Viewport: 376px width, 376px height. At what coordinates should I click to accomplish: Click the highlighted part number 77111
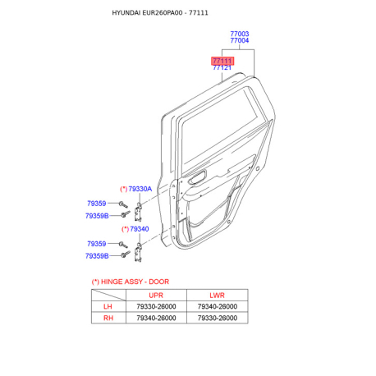(222, 61)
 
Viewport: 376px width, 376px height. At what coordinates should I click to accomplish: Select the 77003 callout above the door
(239, 34)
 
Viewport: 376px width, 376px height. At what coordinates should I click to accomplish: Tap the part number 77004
(239, 42)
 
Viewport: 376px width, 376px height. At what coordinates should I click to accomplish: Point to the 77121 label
(222, 68)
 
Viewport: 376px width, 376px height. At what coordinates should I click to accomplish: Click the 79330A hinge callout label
(139, 189)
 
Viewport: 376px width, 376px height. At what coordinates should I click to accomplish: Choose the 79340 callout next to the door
(138, 229)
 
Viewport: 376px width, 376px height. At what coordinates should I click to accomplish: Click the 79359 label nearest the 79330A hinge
(97, 204)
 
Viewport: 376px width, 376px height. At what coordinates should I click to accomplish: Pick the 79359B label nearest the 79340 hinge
(97, 256)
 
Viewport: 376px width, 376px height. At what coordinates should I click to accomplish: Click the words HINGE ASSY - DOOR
(139, 282)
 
